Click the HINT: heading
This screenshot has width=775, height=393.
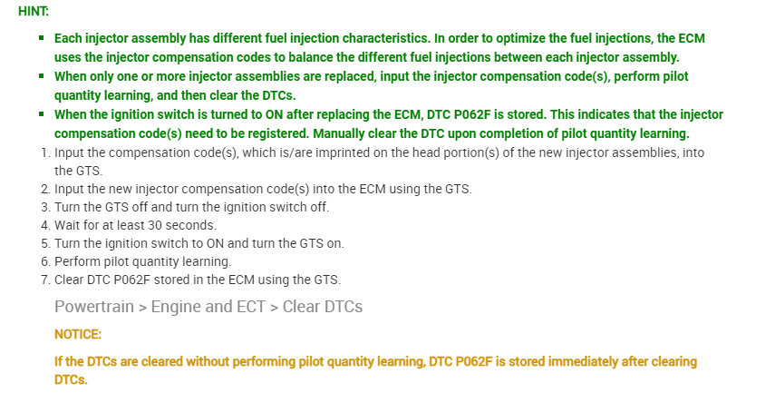(x=34, y=12)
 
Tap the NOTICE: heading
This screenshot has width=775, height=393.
(x=78, y=335)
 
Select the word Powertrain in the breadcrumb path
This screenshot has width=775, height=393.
(x=94, y=307)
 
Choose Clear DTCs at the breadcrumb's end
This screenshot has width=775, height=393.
(x=323, y=307)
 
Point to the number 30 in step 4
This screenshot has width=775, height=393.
(x=155, y=225)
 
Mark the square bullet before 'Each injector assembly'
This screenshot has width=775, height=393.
(x=42, y=37)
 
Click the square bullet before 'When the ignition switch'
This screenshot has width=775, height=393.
(x=42, y=113)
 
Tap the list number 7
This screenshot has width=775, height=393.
(x=45, y=280)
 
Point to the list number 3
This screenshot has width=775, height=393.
(x=45, y=207)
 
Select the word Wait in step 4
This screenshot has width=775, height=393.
(x=66, y=225)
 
